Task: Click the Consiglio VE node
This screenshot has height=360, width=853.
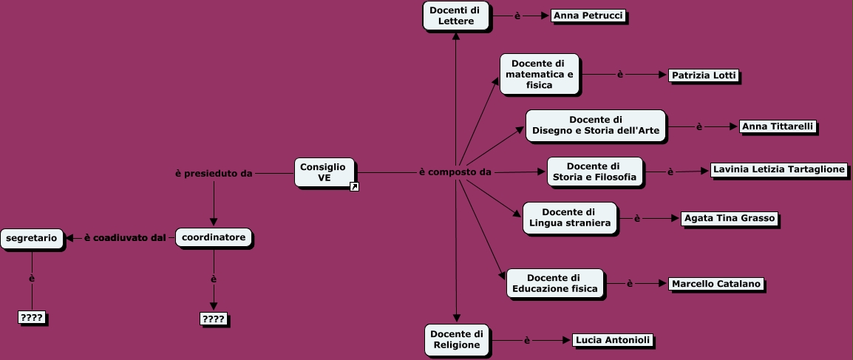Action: pyautogui.click(x=324, y=172)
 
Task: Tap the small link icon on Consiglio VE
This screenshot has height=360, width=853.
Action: pyautogui.click(x=354, y=187)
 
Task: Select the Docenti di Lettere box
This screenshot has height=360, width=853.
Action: pyautogui.click(x=455, y=16)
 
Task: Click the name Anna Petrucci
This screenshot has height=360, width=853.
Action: pyautogui.click(x=588, y=16)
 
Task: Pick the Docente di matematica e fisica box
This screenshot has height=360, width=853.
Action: pyautogui.click(x=539, y=74)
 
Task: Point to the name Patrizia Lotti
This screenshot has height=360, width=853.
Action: pyautogui.click(x=704, y=75)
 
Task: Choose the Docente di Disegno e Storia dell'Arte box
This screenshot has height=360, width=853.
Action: pyautogui.click(x=595, y=126)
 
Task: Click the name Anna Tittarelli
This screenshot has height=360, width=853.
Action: pyautogui.click(x=778, y=126)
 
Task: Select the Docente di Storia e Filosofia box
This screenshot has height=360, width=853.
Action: pyautogui.click(x=594, y=171)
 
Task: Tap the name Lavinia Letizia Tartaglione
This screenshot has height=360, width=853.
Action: pyautogui.click(x=778, y=169)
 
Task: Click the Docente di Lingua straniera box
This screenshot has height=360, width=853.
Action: pyautogui.click(x=569, y=218)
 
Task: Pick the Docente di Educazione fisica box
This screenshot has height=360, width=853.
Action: pyautogui.click(x=554, y=283)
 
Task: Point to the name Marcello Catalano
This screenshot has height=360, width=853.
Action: pyautogui.click(x=716, y=284)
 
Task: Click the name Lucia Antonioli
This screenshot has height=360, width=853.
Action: pyautogui.click(x=613, y=340)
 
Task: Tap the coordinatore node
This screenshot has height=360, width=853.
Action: pyautogui.click(x=214, y=237)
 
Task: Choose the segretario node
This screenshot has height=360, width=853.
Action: pyautogui.click(x=32, y=238)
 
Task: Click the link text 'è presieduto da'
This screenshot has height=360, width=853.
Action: pyautogui.click(x=214, y=174)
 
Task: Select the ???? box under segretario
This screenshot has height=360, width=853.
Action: pyautogui.click(x=32, y=318)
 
